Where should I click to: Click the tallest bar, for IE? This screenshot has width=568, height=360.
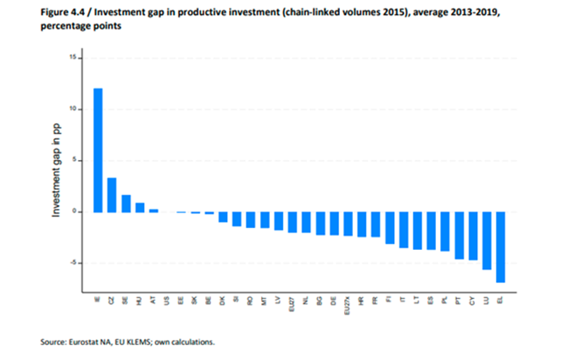(98, 149)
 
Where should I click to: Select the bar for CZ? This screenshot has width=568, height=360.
(112, 194)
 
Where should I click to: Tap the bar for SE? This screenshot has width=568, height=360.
(126, 203)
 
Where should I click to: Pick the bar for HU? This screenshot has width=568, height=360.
(140, 207)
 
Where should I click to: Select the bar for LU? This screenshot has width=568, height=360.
(487, 240)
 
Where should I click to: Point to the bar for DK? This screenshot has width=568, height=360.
(223, 217)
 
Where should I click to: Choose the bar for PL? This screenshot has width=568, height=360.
(445, 232)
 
